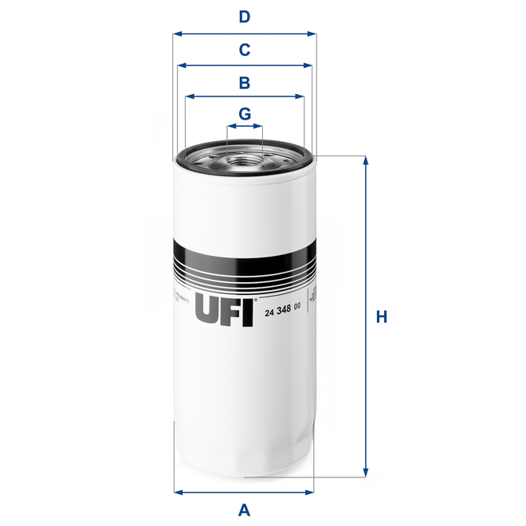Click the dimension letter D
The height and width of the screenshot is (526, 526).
click(245, 17)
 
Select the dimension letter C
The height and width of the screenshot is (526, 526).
click(245, 49)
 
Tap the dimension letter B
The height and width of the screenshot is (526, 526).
click(245, 81)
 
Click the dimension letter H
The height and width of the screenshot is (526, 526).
click(382, 316)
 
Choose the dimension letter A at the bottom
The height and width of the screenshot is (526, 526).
click(245, 509)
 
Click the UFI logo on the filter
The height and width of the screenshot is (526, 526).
click(224, 310)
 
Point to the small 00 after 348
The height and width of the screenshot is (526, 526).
click(296, 307)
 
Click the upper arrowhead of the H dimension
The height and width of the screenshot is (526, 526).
click(366, 160)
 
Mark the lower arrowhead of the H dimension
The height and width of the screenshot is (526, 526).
click(366, 472)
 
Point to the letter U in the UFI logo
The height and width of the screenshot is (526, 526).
click(206, 310)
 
